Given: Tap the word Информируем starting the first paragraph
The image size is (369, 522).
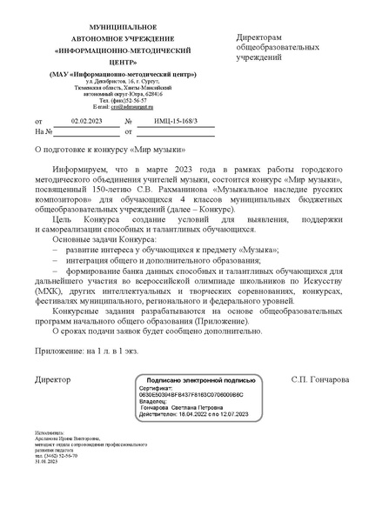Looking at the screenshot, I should coord(81,173).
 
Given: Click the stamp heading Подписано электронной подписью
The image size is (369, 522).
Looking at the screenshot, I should coord(198,380).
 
